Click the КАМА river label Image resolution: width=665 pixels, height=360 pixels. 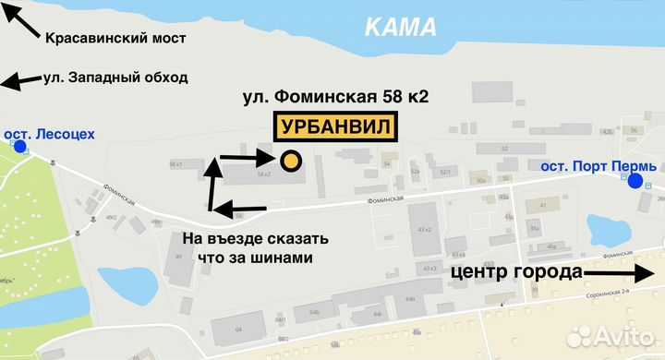(400, 27)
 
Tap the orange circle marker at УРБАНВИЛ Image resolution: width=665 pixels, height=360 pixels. (291, 162)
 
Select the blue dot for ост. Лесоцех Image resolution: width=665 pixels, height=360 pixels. (20, 146)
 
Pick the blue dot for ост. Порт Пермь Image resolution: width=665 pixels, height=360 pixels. (635, 181)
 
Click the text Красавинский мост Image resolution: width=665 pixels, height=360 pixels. (115, 38)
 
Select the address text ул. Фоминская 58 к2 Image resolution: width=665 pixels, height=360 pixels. (336, 96)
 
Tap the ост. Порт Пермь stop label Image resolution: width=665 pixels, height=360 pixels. (598, 166)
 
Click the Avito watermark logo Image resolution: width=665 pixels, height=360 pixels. (613, 335)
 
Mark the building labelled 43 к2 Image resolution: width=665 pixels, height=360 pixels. (428, 228)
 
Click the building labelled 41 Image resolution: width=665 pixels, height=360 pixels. (543, 206)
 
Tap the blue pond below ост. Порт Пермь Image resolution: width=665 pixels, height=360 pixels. (606, 228)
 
